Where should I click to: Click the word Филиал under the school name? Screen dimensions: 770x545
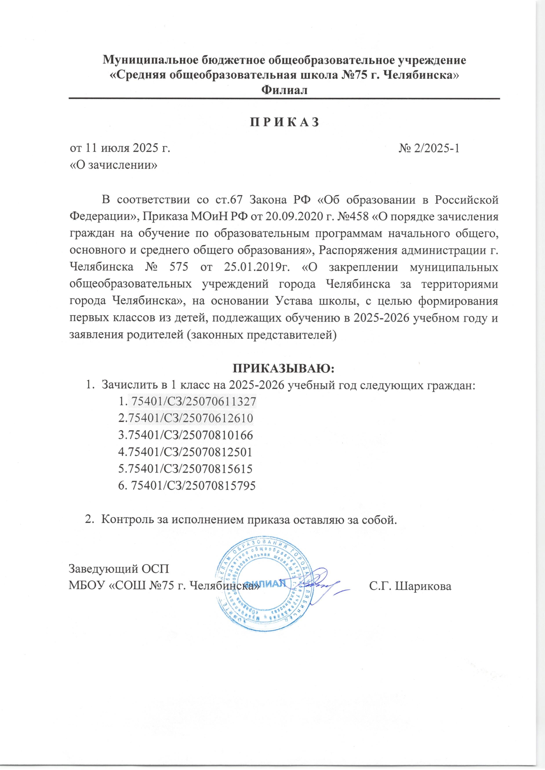[284, 90]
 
